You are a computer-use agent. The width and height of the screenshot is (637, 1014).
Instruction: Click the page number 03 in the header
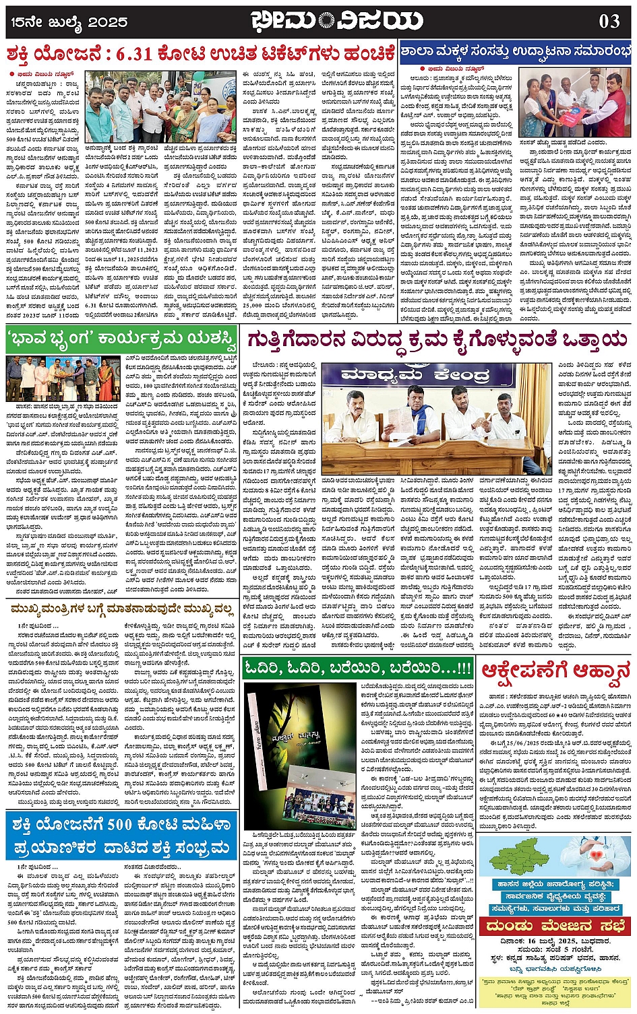tap(609, 21)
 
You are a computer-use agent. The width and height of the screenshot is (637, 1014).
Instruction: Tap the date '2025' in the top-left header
tap(108, 22)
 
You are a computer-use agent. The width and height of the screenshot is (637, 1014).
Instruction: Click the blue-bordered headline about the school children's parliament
tap(516, 51)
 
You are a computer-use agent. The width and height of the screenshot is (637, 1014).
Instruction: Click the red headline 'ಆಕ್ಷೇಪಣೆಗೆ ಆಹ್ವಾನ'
tap(555, 670)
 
